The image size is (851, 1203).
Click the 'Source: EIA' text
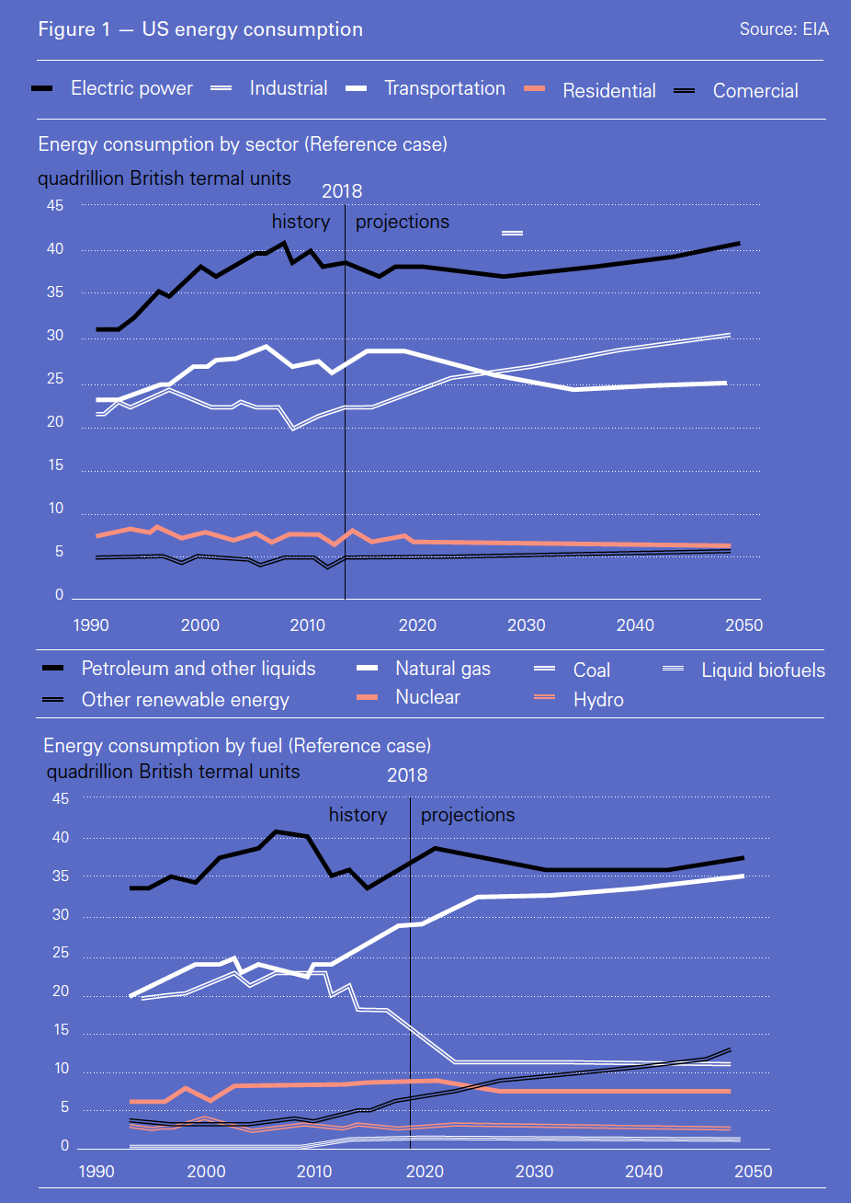[784, 29]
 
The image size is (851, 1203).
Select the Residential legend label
[608, 91]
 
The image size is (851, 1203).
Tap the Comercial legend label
[755, 91]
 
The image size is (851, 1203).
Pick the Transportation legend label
[444, 88]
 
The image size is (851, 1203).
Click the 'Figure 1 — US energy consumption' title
[200, 29]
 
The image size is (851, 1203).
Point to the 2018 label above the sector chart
[342, 191]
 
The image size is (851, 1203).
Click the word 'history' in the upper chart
[301, 222]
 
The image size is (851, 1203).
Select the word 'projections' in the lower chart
[468, 816]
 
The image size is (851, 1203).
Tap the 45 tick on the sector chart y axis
[56, 206]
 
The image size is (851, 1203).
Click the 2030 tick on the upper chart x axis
[527, 625]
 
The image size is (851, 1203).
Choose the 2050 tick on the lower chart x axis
[754, 1172]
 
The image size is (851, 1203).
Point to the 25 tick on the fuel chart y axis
[61, 954]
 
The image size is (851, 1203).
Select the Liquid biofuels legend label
[763, 670]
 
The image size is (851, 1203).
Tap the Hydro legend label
[598, 700]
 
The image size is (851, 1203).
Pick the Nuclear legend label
[427, 697]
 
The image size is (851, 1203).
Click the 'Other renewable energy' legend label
[185, 700]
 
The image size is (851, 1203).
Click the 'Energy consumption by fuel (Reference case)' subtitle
[237, 745]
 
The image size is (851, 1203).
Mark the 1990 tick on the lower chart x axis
[96, 1172]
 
